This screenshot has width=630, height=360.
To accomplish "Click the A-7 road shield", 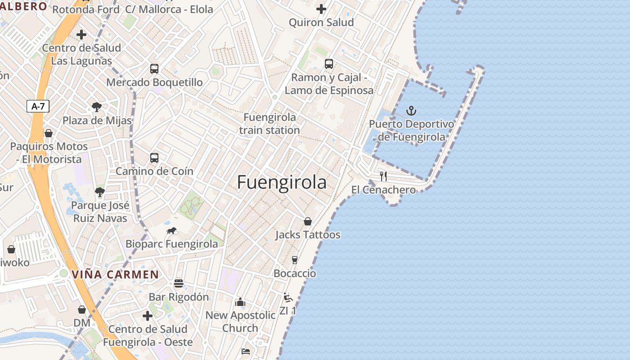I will point(38,107).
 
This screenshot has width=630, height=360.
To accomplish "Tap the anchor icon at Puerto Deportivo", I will point(411,110).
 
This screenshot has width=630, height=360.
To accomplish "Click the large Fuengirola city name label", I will point(282,182).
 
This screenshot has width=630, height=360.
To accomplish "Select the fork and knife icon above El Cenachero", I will point(383,176).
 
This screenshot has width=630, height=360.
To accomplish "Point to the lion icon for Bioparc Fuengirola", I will point(171,231).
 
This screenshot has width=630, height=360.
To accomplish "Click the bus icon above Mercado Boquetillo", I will point(154,69).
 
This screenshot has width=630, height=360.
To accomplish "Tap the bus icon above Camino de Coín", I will point(154,158).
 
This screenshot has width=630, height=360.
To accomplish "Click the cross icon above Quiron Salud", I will point(321,9).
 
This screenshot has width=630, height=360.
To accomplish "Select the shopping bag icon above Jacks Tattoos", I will point(308,221).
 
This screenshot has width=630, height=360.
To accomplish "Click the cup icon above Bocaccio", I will point(295,260).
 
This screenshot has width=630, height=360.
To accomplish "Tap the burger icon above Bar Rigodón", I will point(179,283).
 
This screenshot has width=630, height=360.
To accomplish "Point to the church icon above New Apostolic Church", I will point(240,302).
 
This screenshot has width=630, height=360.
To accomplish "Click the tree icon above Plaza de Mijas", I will point(96,107).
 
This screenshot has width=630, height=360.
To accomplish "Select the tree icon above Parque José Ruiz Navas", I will point(100,192).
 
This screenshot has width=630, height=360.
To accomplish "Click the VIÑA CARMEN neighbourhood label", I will point(115,274).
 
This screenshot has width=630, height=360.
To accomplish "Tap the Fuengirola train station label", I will point(270,124).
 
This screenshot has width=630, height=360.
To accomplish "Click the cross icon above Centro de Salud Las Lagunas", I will point(81,35).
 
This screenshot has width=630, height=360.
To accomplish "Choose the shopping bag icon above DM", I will point(82,310).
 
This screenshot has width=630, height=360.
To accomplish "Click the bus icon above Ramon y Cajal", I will point(329,64).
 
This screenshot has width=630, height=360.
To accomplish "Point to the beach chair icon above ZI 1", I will point(288,297).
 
